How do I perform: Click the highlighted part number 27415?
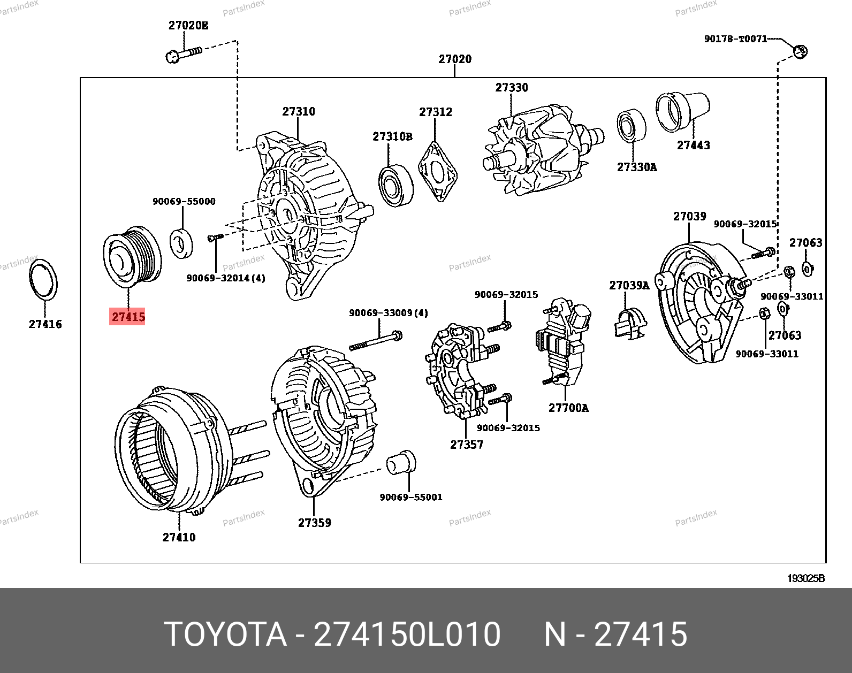(x=128, y=317)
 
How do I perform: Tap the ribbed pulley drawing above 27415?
(x=131, y=256)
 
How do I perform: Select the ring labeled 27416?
(x=43, y=280)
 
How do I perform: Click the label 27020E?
(x=188, y=25)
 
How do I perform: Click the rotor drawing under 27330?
(x=541, y=155)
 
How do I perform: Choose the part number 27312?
(x=435, y=112)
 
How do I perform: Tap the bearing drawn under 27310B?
(x=395, y=185)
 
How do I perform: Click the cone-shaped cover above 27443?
(x=683, y=111)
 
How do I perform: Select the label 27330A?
(x=637, y=167)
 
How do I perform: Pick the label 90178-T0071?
(x=735, y=39)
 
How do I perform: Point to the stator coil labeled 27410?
(x=171, y=455)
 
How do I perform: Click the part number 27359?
(x=314, y=523)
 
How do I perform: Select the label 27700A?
(x=568, y=408)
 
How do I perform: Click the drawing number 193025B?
(x=805, y=578)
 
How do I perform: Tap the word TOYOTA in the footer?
(x=225, y=634)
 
